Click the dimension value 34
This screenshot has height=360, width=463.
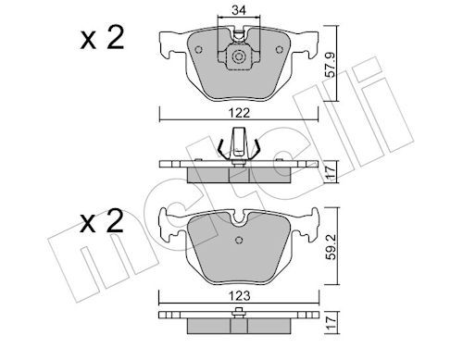pyautogui.click(x=239, y=10)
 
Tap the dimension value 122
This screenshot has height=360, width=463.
pyautogui.click(x=240, y=113)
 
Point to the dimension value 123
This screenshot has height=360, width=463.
pyautogui.click(x=240, y=296)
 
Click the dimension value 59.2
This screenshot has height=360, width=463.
pyautogui.click(x=332, y=247)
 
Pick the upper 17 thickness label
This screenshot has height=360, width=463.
pyautogui.click(x=331, y=173)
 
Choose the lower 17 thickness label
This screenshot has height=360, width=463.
pyautogui.click(x=331, y=322)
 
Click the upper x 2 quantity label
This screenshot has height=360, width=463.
pyautogui.click(x=102, y=38)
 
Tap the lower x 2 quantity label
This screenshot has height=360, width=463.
pyautogui.click(x=102, y=221)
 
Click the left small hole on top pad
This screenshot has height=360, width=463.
pyautogui.click(x=198, y=50)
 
